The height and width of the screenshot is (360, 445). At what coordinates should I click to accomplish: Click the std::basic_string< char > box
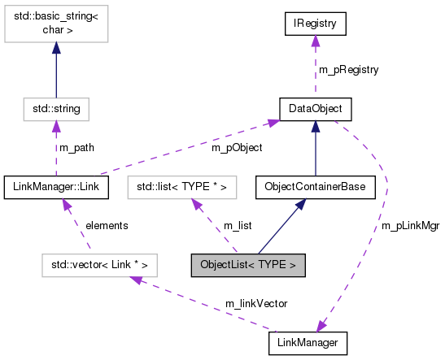pyautogui.click(x=55, y=24)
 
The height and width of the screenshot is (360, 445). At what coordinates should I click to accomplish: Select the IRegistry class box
pyautogui.click(x=315, y=24)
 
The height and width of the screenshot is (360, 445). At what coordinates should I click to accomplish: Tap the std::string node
pyautogui.click(x=55, y=107)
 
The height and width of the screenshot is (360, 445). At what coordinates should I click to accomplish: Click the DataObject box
pyautogui.click(x=315, y=107)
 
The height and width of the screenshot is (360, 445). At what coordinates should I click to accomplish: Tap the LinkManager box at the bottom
pyautogui.click(x=308, y=343)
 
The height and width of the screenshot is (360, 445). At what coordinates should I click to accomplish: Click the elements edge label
pyautogui.click(x=107, y=225)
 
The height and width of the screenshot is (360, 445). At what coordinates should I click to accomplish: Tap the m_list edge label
pyautogui.click(x=238, y=225)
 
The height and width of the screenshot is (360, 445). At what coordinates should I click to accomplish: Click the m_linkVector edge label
pyautogui.click(x=256, y=303)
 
